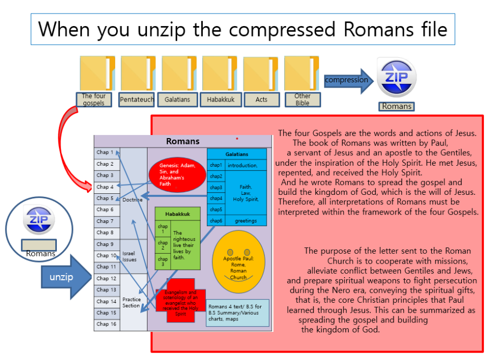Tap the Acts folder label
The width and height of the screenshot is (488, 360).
pyautogui.click(x=261, y=100)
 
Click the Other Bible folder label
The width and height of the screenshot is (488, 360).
pyautogui.click(x=302, y=100)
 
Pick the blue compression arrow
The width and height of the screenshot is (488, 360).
pyautogui.click(x=349, y=80)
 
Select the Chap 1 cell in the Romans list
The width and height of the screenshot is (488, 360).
pyautogui.click(x=106, y=153)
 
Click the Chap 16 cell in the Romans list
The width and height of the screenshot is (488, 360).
pyautogui.click(x=106, y=324)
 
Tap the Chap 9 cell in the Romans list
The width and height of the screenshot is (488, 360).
pyautogui.click(x=106, y=244)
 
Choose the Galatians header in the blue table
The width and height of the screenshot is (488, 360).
pyautogui.click(x=237, y=154)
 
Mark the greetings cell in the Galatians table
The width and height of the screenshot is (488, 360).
pyautogui.click(x=246, y=221)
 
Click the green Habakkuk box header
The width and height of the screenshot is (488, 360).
pyautogui.click(x=178, y=214)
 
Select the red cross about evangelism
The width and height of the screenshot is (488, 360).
pyautogui.click(x=180, y=301)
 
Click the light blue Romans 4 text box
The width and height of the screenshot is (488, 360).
pyautogui.click(x=237, y=313)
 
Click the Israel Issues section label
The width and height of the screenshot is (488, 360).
pyautogui.click(x=129, y=256)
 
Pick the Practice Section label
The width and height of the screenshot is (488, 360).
pyautogui.click(x=131, y=303)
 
